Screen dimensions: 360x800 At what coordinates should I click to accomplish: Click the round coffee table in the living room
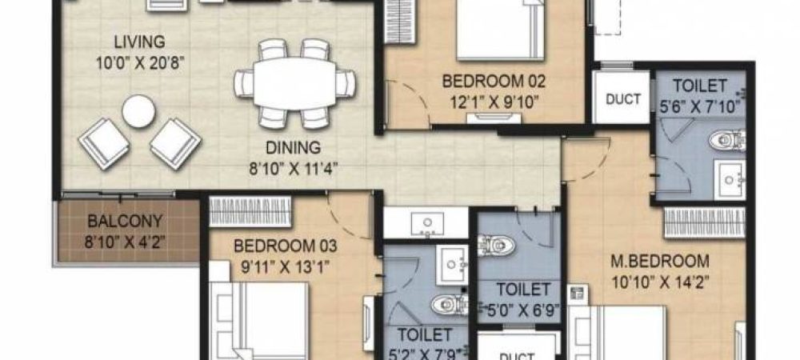[x=138, y=111]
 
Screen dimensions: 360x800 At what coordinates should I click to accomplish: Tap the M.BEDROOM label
[x=658, y=262]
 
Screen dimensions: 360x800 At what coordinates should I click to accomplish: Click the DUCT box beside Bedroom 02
[x=622, y=99]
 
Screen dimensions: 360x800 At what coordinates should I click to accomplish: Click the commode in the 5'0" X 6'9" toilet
[x=496, y=245]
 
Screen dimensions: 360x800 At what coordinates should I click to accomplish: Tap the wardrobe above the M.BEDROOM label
[x=704, y=221]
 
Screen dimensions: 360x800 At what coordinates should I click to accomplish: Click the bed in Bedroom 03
[x=264, y=320]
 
